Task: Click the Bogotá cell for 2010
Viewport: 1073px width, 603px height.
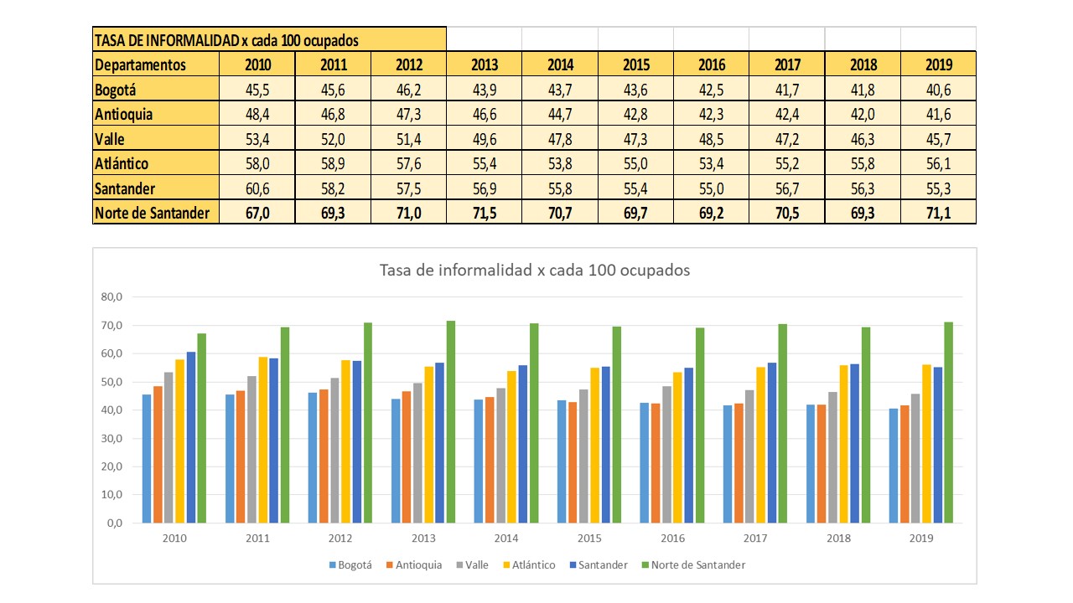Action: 257,90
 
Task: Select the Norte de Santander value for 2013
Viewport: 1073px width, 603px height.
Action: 485,213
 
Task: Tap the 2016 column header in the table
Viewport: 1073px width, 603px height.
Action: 712,64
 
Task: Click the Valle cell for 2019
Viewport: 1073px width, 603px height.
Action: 938,139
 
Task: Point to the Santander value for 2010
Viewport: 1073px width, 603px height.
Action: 257,188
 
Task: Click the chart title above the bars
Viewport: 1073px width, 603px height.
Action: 534,271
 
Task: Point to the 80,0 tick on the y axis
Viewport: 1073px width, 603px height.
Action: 111,296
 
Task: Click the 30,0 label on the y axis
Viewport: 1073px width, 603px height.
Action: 111,438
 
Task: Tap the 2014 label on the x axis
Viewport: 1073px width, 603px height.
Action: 505,539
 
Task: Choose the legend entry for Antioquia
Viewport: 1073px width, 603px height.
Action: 413,565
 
